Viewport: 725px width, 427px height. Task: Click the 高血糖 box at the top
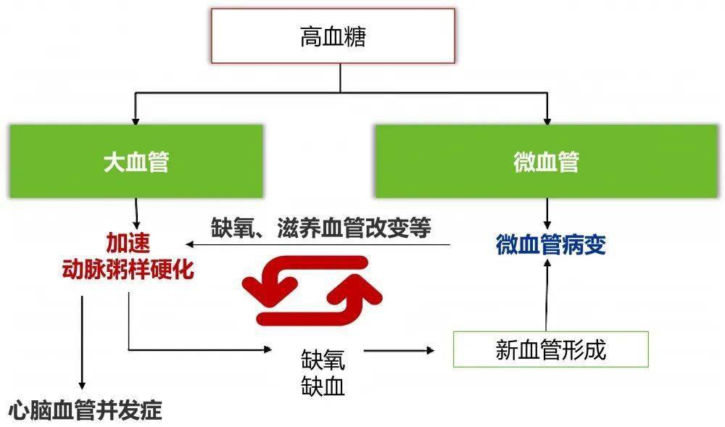[333, 36]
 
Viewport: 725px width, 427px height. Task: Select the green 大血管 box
[136, 162]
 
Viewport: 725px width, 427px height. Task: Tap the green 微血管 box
[546, 162]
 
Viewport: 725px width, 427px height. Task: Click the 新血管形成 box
[550, 349]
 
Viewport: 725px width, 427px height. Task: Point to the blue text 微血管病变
[551, 245]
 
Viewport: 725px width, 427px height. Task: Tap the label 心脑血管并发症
[85, 411]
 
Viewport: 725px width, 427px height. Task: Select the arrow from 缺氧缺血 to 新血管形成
[399, 351]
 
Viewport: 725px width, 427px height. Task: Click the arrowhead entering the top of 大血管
[136, 119]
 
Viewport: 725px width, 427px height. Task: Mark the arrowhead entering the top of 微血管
[547, 119]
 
